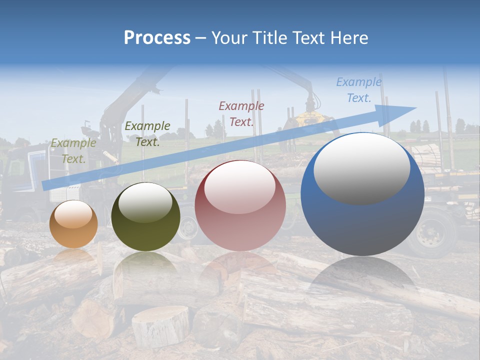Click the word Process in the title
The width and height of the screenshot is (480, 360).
tap(157, 38)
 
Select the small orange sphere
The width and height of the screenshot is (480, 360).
tap(73, 224)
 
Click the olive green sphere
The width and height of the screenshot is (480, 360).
tap(145, 217)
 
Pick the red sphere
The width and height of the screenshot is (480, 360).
tap(240, 205)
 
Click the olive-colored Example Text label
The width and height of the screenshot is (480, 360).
tap(73, 151)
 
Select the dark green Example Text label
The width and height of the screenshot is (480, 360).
tap(147, 134)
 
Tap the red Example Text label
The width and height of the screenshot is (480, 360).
tap(241, 113)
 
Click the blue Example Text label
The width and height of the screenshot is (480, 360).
tap(359, 90)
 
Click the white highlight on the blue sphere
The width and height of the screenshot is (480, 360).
tap(361, 169)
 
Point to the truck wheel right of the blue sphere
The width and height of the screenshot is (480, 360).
tap(431, 232)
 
